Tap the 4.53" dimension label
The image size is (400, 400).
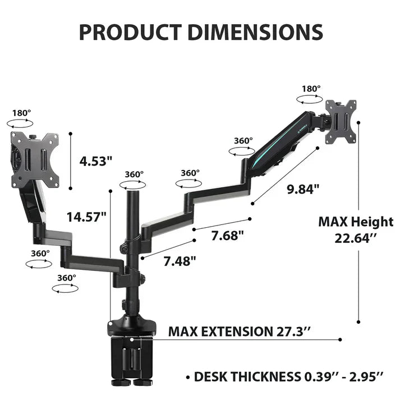[x=96, y=161]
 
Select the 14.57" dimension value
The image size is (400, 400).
[x=86, y=217]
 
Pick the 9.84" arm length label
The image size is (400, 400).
[x=302, y=188]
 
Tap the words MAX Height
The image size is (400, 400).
[x=356, y=222]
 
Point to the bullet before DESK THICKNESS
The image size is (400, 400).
[x=187, y=377]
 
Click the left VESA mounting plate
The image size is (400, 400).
[x=35, y=159]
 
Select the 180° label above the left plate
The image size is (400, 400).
[x=21, y=112]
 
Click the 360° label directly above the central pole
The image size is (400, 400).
[x=134, y=174]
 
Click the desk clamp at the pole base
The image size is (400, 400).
[x=131, y=348]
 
